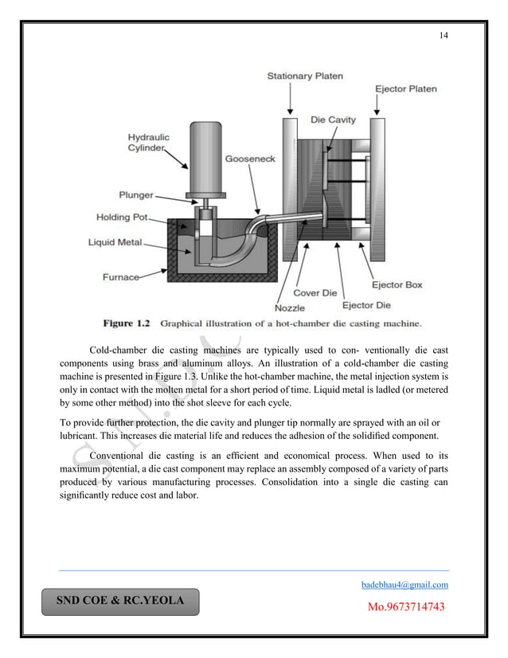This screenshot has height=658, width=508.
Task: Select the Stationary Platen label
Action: [x=305, y=76]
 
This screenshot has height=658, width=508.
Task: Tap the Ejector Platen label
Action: [x=406, y=88]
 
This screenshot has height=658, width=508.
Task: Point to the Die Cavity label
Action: [x=333, y=120]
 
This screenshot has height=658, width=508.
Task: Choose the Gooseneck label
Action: [x=249, y=159]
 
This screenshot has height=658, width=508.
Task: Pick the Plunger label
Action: [x=136, y=194]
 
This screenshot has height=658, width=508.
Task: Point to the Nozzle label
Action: [x=289, y=307]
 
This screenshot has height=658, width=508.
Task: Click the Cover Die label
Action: [x=318, y=293]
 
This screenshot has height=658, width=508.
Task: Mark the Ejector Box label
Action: [x=397, y=284]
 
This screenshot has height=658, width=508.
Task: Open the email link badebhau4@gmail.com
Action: [x=404, y=585]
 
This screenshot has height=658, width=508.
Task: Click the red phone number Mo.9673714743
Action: [x=404, y=607]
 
